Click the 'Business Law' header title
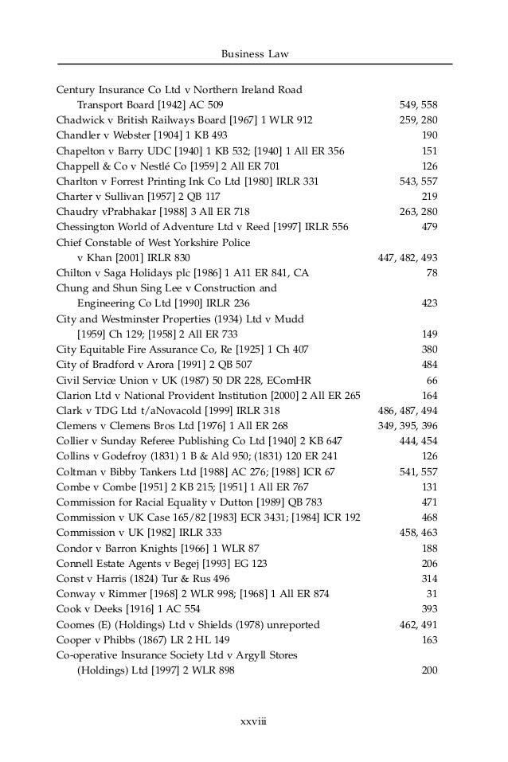(x=254, y=53)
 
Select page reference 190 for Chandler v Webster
(x=428, y=135)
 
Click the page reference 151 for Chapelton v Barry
(x=428, y=150)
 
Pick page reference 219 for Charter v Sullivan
(x=428, y=196)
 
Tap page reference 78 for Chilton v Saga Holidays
(x=432, y=272)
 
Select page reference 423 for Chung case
(x=428, y=303)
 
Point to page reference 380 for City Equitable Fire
(x=428, y=349)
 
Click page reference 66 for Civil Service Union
(x=432, y=380)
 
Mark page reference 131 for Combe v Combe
(x=428, y=487)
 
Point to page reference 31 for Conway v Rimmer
(x=432, y=594)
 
